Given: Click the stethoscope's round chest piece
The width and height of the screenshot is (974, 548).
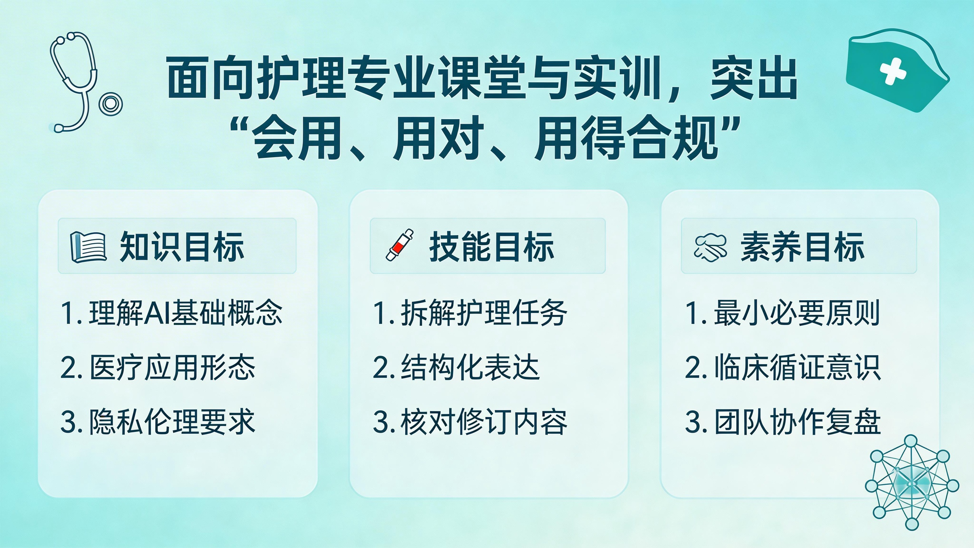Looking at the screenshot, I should pyautogui.click(x=111, y=104).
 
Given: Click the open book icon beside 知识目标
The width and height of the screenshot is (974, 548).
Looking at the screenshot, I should pyautogui.click(x=88, y=247).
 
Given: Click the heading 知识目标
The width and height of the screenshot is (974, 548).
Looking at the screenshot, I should pyautogui.click(x=182, y=247).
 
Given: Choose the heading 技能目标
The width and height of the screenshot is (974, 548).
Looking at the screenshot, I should pyautogui.click(x=492, y=247).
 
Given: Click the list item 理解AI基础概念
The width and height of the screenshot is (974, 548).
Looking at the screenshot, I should pyautogui.click(x=172, y=313).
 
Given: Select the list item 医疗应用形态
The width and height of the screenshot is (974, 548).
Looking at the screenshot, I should pyautogui.click(x=158, y=368).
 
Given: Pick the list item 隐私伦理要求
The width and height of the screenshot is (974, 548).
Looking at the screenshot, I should pyautogui.click(x=158, y=422).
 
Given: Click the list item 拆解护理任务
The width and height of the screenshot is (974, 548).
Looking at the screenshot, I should pyautogui.click(x=470, y=313).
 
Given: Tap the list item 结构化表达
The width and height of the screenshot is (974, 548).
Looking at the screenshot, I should pyautogui.click(x=456, y=368).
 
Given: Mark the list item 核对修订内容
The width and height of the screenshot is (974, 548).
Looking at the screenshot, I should pyautogui.click(x=470, y=422).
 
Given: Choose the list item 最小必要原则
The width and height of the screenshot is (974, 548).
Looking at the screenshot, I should pyautogui.click(x=783, y=313).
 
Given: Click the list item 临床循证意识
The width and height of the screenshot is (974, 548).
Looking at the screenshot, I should pyautogui.click(x=783, y=368).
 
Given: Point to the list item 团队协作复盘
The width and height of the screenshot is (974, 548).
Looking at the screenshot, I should pyautogui.click(x=783, y=422).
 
